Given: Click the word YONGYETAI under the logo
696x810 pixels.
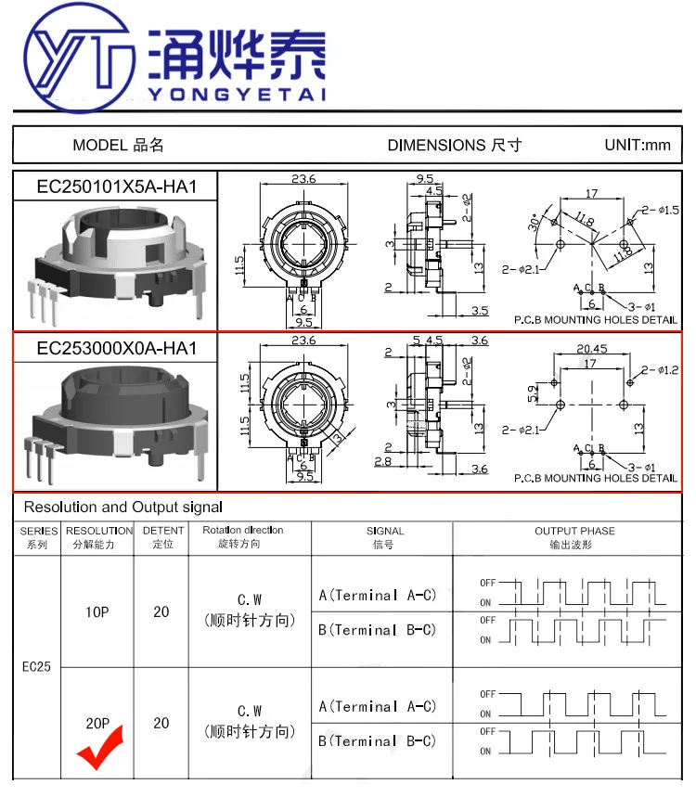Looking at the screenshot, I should pos(238,95).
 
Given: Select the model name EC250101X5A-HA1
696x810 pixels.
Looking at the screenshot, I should pos(117,186).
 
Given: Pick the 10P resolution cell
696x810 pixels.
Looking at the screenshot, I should pos(97,611).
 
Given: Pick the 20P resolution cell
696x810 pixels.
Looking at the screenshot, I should pos(97,723).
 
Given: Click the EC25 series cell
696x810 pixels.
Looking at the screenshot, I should pos(36,666).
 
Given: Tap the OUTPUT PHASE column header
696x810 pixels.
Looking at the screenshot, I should pos(574,537).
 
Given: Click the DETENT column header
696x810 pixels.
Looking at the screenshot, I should pos(162,537).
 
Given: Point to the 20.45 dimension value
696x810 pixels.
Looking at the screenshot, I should pos(591,350).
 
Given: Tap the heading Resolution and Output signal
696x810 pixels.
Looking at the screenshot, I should pos(123,507).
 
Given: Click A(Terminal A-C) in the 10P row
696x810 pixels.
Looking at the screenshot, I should pos(377,596).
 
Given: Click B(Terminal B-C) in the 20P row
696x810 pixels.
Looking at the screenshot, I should pos(377,740).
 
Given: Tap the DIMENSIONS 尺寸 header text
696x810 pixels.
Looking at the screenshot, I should pos(454,145).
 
